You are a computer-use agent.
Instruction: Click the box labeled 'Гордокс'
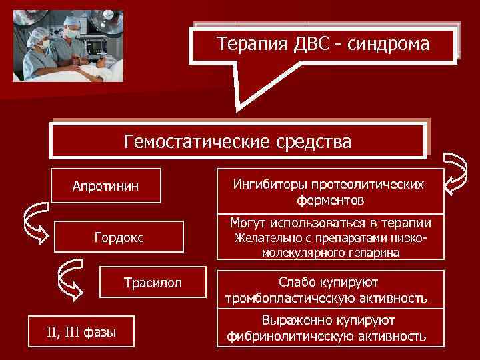[x=118, y=238]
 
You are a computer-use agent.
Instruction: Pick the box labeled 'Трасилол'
[x=153, y=284]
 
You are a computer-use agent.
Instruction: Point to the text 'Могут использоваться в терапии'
[x=331, y=223]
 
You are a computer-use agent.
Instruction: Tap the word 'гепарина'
[x=376, y=253]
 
